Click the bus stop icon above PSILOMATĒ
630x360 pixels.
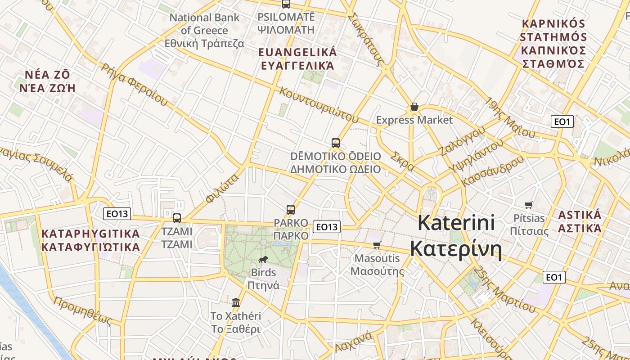[x=286, y=4]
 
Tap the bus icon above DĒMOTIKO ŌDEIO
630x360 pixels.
[x=335, y=143]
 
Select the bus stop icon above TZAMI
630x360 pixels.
[x=177, y=218]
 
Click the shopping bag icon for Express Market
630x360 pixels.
[x=414, y=107]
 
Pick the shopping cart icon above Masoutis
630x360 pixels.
[x=377, y=245]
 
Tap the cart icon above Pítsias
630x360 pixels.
[x=529, y=205]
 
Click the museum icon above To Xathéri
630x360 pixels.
[x=236, y=302]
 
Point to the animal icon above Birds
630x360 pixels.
[x=263, y=259]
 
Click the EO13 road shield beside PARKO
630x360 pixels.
[x=327, y=227]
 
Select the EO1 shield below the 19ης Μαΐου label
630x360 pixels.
[x=562, y=121]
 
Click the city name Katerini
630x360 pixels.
[x=456, y=223]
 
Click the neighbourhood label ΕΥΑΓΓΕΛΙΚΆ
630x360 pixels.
[x=297, y=66]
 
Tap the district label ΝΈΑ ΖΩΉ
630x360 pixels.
[x=47, y=88]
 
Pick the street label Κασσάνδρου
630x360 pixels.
[x=494, y=171]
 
